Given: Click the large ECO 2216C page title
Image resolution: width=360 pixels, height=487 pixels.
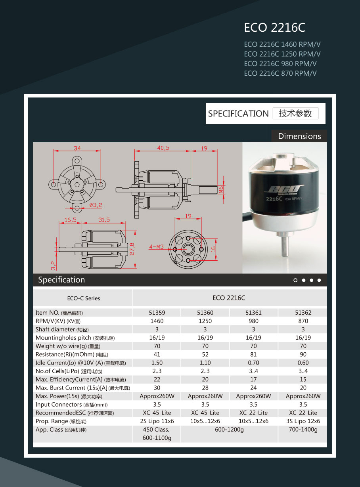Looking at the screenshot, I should (x=274, y=28).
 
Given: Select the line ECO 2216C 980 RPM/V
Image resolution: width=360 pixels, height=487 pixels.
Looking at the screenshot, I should (x=280, y=64).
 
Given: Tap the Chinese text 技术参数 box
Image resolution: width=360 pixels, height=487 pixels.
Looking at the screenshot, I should (x=295, y=113).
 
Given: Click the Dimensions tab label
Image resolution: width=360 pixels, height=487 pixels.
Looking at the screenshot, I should (x=299, y=136).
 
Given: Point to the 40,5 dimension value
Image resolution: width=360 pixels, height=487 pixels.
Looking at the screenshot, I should (x=163, y=148).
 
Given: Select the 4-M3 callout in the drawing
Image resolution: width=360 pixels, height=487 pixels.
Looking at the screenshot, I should (x=156, y=247).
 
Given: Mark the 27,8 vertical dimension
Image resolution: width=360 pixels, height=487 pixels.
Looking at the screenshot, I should (x=132, y=248).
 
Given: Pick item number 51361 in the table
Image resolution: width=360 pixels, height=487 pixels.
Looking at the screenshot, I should (x=253, y=313).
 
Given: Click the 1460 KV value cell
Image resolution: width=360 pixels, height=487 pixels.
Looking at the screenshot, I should (x=157, y=321).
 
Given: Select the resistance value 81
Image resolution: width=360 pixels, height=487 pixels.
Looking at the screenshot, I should (x=253, y=354).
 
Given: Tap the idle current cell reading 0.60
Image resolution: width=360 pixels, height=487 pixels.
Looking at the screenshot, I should (x=303, y=363).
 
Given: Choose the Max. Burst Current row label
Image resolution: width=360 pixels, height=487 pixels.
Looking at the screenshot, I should (x=82, y=388).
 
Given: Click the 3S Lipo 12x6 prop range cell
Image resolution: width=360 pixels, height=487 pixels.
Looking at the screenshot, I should (x=303, y=421).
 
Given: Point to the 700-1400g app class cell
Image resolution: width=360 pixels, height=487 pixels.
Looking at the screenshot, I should (x=303, y=430).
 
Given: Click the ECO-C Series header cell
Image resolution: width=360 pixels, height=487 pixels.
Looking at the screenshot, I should (x=81, y=298).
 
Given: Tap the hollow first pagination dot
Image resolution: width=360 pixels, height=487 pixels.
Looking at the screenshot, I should (x=295, y=280).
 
